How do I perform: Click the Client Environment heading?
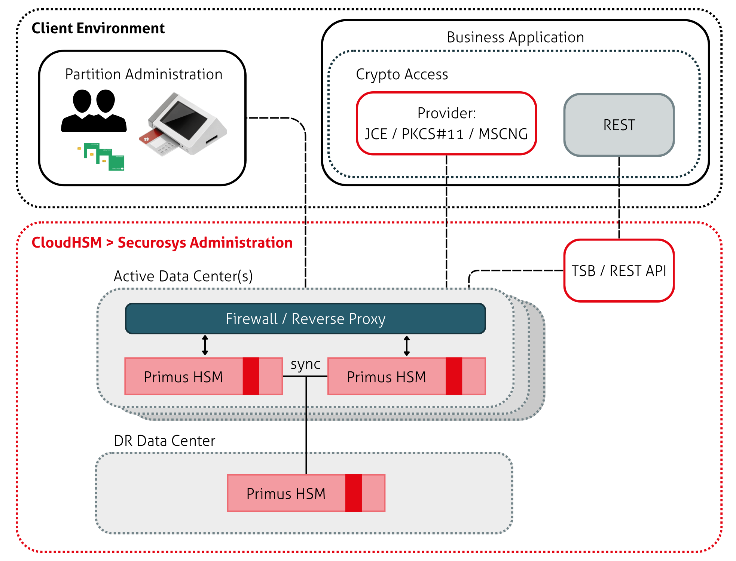tap(98, 28)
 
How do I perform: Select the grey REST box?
tap(619, 125)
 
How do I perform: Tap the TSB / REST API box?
tap(619, 270)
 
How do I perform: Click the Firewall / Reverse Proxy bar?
tap(305, 319)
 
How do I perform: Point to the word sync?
tap(305, 364)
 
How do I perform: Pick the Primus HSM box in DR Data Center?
tap(286, 493)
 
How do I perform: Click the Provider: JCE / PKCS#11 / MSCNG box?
tap(446, 123)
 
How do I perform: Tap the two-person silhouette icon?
tap(94, 111)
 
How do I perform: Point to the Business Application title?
tap(515, 37)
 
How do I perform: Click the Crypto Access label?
tap(402, 74)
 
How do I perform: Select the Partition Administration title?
tap(144, 74)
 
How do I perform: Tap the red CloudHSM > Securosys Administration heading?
tap(162, 242)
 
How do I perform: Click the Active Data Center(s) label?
tap(183, 276)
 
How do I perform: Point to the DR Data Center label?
tap(165, 441)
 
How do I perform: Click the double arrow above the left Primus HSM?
tap(205, 345)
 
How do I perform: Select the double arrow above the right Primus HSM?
tap(407, 346)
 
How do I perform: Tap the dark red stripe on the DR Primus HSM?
tap(354, 493)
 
